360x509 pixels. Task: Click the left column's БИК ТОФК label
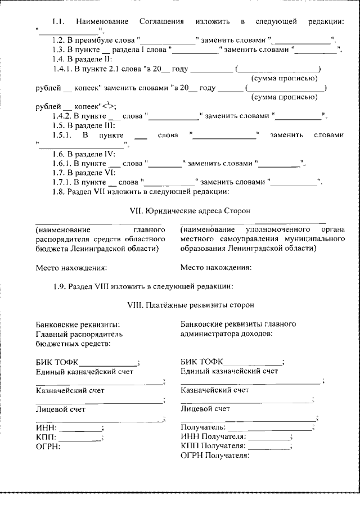click(57, 362)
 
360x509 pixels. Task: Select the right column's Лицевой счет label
click(205, 409)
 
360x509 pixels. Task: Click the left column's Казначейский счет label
click(70, 390)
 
